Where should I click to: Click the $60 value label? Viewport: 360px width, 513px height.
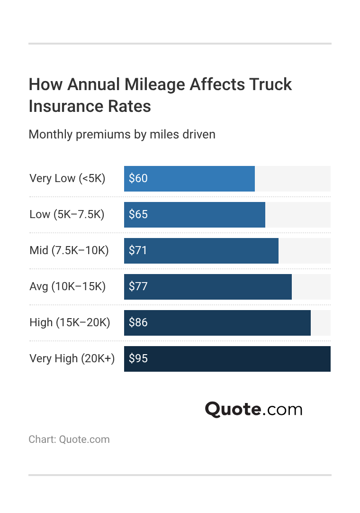138,178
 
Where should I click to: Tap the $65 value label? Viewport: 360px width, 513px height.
138,214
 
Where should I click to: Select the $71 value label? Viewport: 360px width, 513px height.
138,250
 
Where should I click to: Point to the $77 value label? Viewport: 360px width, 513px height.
138,286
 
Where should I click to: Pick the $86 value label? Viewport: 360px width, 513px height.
138,322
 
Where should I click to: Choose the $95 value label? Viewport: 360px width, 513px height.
138,358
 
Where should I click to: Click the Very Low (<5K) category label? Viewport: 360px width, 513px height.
67,178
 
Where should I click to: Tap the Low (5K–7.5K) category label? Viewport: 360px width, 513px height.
67,214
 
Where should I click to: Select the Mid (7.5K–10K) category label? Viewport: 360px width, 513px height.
69,250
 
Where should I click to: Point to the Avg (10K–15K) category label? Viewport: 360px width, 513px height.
67,286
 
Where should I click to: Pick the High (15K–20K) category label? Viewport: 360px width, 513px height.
70,322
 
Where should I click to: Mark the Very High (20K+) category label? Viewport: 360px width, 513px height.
72,358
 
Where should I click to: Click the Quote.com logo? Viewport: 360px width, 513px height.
253,409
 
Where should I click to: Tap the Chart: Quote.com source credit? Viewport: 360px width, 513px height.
69,440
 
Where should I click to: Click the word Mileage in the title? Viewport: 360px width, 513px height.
155,85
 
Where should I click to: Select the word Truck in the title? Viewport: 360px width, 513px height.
270,84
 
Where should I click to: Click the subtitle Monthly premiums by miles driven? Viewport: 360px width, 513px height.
122,134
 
